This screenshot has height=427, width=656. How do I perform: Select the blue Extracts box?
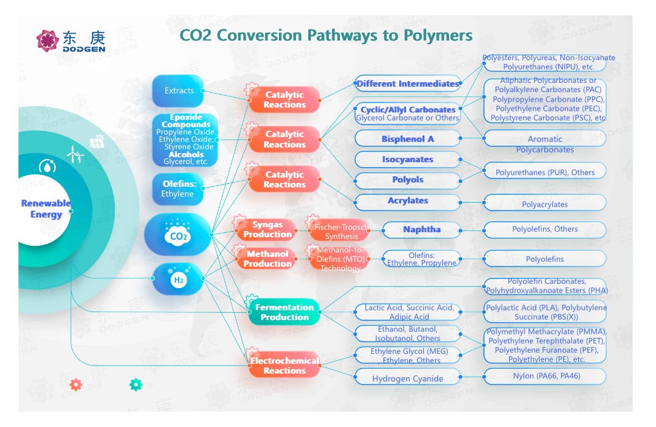(x=179, y=91)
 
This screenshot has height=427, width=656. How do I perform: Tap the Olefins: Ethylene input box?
(x=178, y=189)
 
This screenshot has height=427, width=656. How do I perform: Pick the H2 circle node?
(x=178, y=280)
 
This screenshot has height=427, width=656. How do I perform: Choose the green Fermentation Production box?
(x=284, y=312)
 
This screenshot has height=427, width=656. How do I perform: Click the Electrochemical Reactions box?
(x=284, y=365)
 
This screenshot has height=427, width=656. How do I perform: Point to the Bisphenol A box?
(x=407, y=139)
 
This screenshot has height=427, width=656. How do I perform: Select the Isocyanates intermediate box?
(x=407, y=160)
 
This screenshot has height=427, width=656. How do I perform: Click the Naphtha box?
(x=421, y=230)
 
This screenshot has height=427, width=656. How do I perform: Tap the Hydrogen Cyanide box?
(x=407, y=378)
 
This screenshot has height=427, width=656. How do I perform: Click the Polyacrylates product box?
(x=545, y=204)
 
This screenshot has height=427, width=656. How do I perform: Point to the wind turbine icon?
(x=75, y=153)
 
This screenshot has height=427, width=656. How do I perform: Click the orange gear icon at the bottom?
(x=76, y=385)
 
